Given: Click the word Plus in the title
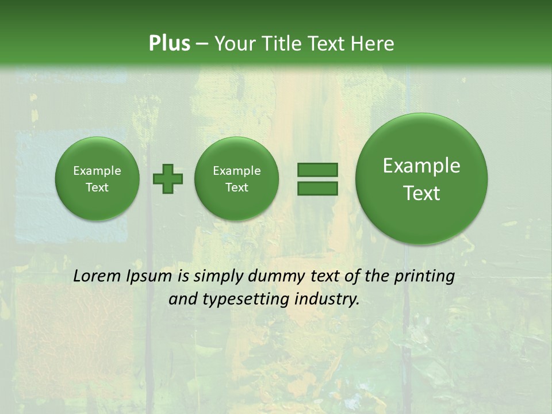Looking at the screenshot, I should point(169,43).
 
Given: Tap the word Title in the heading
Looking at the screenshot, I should point(282,43).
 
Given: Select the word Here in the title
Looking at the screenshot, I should point(373,43).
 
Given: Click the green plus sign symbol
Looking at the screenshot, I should point(168,178).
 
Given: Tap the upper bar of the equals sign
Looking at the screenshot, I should point(317,170).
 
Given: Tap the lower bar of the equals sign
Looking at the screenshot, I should point(317,188).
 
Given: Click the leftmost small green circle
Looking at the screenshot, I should point(97,179).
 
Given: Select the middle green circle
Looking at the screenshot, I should point(237,179).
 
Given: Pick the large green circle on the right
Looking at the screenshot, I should point(421,179).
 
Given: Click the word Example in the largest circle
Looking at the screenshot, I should point(421,166).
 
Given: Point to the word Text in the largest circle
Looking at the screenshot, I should point(421,193).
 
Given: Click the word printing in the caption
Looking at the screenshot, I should point(424,277).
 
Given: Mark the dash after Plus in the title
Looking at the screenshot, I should point(202,44).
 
